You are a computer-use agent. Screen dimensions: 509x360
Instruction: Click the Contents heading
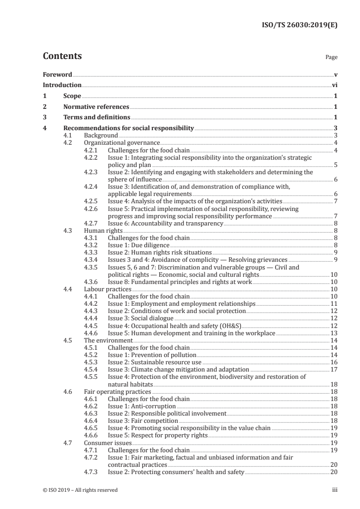pos(62,56)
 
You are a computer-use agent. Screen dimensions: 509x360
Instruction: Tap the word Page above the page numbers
pos(331,58)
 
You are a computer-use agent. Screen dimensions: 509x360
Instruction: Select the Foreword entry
pos(57,74)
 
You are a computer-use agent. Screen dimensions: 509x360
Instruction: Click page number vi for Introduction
pos(335,85)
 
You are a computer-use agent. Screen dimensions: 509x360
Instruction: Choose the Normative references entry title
pos(96,107)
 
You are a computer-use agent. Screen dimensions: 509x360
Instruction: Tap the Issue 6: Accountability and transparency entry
pos(165,224)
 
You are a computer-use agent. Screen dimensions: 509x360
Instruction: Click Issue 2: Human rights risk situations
pos(160,252)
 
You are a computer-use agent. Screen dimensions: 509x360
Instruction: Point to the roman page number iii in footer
pos(335,490)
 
